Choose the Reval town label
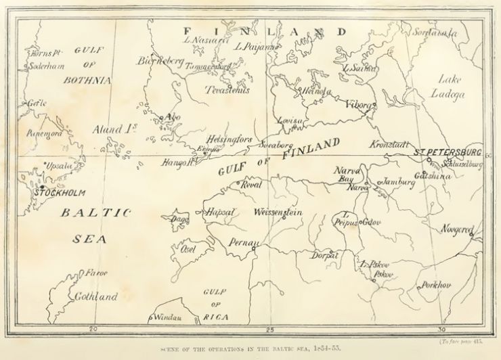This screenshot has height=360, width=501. point(251,184)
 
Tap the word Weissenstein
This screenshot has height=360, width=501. point(278,212)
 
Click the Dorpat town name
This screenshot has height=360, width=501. point(324,256)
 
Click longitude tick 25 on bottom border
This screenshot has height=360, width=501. point(269,330)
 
